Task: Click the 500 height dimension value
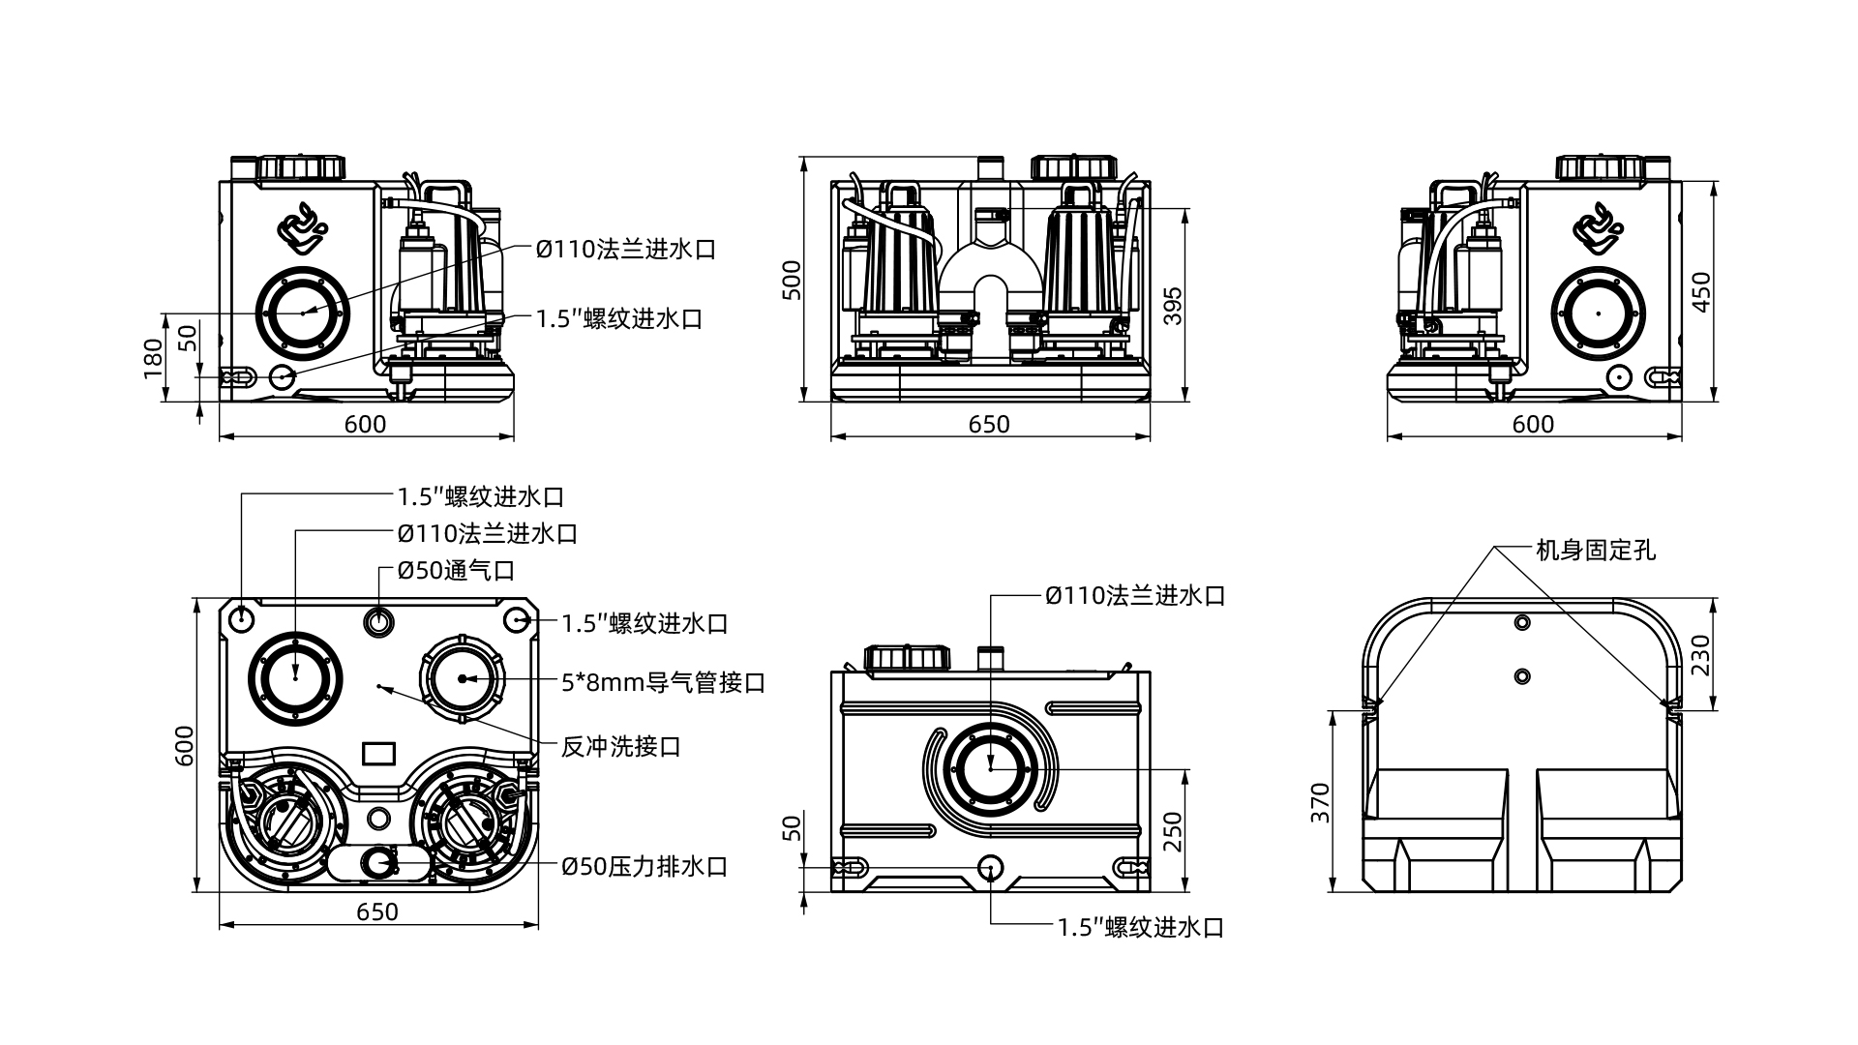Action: click(793, 280)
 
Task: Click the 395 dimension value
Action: click(1172, 306)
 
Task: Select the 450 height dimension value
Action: click(1701, 291)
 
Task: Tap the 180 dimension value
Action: click(154, 358)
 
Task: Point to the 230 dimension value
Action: click(1701, 655)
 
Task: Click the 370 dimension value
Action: click(1320, 802)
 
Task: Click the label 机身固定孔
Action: click(1596, 551)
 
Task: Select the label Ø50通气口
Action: click(456, 570)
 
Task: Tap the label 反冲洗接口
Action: click(620, 747)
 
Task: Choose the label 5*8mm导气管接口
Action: click(663, 683)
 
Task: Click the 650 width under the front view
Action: click(989, 424)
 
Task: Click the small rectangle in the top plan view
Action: click(378, 753)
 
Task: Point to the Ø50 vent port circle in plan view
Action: click(378, 620)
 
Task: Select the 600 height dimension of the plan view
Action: click(184, 745)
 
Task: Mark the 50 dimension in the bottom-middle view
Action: click(793, 828)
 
